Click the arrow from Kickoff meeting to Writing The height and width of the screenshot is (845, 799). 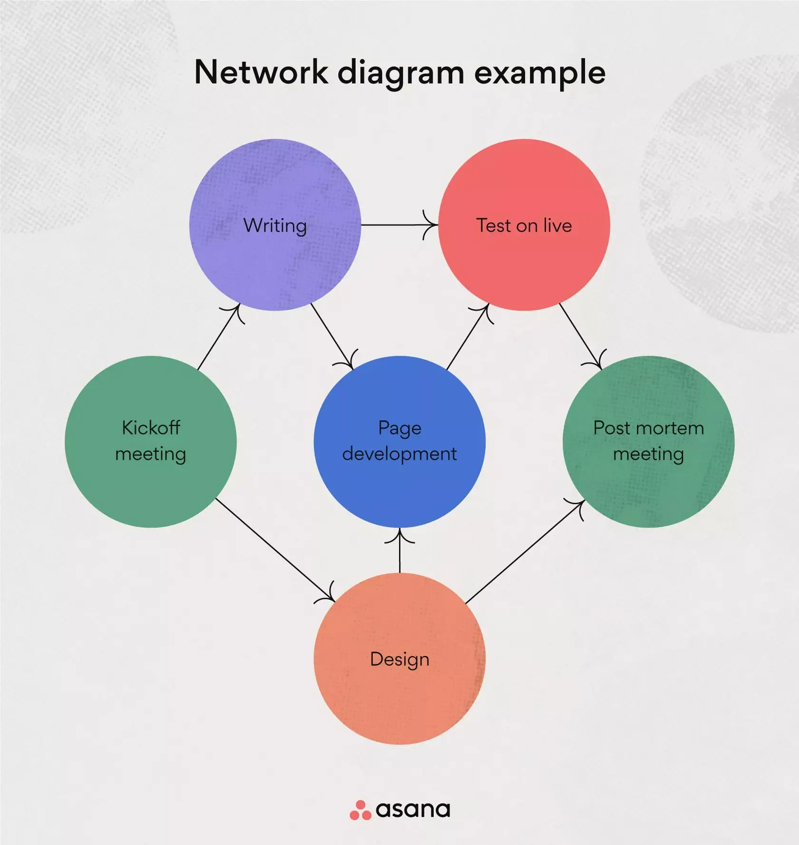coord(218,338)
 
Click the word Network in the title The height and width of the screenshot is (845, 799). coord(261,72)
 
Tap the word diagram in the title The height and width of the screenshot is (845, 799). coord(400,73)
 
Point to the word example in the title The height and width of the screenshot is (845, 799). coord(540,73)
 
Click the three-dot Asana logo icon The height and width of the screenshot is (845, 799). coord(360,810)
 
